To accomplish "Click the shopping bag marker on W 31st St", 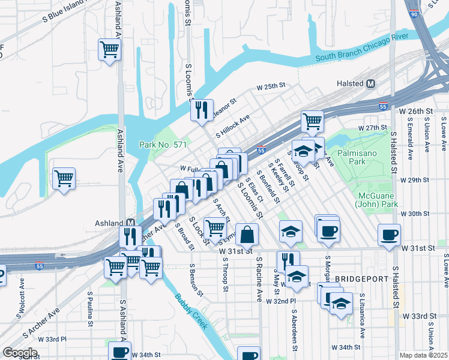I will tap(247, 234).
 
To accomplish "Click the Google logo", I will tap(19, 353).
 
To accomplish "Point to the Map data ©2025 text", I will tap(423, 355).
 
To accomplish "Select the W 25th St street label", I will tap(270, 86).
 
